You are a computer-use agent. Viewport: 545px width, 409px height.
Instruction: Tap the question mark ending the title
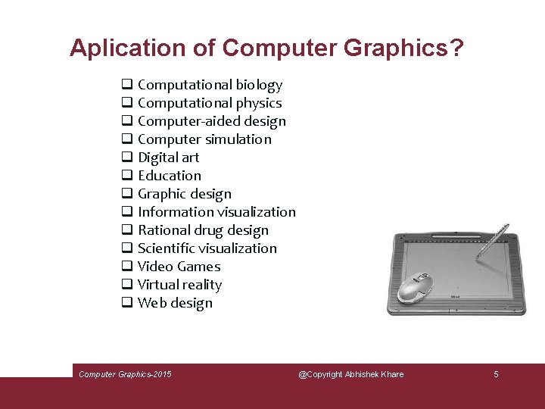click(456, 48)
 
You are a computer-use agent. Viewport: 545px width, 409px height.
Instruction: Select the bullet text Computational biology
click(210, 85)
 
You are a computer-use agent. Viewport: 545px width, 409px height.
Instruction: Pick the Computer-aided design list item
click(212, 121)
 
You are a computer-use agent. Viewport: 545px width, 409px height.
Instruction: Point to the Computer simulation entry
click(204, 139)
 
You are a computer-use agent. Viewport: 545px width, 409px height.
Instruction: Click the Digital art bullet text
click(168, 158)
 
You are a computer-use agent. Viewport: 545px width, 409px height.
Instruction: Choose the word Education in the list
click(170, 176)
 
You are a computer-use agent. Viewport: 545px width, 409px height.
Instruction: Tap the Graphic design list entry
click(185, 194)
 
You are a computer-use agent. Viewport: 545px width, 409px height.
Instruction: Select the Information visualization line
click(216, 212)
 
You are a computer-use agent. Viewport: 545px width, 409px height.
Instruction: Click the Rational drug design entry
click(203, 230)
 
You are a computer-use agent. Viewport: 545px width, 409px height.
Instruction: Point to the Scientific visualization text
click(207, 248)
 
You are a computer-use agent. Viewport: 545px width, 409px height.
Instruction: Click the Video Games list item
click(179, 267)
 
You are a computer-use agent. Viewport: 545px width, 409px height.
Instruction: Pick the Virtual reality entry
click(179, 285)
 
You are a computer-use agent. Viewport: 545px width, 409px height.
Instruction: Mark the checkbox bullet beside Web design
click(126, 303)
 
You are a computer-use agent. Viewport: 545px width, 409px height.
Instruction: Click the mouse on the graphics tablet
click(414, 286)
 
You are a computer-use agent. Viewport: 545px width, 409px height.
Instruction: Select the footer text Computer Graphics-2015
click(125, 374)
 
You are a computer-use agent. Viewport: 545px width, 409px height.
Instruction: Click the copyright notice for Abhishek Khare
click(350, 374)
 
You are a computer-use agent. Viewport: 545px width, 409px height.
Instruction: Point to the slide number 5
click(496, 374)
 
